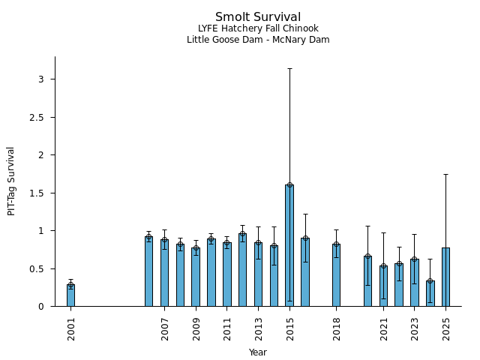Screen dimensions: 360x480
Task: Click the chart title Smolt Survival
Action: (258, 17)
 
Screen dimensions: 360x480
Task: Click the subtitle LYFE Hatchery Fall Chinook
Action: (258, 28)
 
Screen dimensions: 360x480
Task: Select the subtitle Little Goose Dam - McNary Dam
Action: (258, 40)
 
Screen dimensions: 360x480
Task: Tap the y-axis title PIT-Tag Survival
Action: (11, 181)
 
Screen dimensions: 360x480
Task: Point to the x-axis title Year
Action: (258, 352)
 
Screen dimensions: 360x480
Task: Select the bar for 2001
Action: (70, 295)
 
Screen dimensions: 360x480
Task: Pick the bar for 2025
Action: (445, 277)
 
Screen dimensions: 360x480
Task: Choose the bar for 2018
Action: (336, 275)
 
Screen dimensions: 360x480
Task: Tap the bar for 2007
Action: (164, 273)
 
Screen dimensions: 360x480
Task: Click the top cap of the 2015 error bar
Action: (289, 69)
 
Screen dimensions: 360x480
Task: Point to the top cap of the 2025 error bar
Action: (445, 175)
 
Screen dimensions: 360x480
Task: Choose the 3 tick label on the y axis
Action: (42, 79)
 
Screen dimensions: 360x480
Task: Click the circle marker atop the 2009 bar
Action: (196, 248)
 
